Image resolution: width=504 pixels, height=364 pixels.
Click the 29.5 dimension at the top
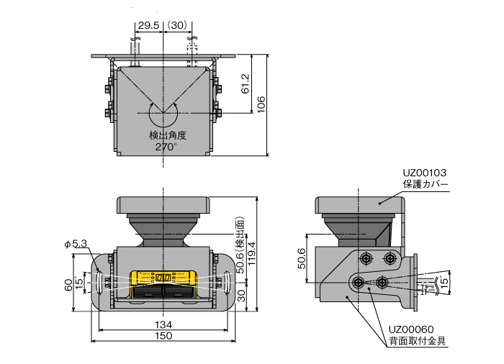(x=148, y=25)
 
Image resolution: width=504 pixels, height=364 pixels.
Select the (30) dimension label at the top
(x=177, y=25)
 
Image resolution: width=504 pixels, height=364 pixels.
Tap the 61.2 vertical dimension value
(x=246, y=83)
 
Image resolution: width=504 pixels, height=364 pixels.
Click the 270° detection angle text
(x=166, y=147)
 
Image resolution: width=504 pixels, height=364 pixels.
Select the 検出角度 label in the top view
(x=168, y=135)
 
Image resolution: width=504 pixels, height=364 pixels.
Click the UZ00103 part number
(x=425, y=173)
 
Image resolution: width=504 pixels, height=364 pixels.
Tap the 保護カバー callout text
(x=426, y=185)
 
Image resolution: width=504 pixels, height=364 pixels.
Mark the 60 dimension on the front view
(x=68, y=285)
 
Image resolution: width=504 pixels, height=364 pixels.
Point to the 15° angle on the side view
(x=444, y=281)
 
